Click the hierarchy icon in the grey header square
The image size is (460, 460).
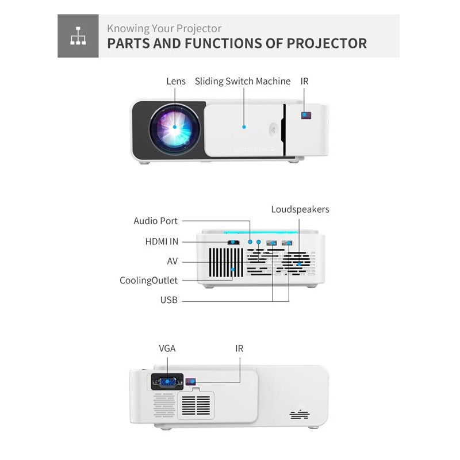tap(78, 36)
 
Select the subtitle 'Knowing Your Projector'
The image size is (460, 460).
tap(164, 29)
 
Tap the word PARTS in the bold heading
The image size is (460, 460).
tap(128, 44)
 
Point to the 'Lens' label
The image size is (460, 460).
tap(176, 81)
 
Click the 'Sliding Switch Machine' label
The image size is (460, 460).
tap(243, 81)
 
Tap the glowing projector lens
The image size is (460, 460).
tap(175, 129)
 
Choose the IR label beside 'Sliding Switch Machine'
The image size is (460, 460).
tap(305, 81)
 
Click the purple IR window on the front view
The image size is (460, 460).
tap(306, 116)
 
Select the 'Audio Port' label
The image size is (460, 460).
tap(155, 221)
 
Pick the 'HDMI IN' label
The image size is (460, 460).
tap(162, 241)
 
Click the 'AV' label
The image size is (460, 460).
tap(172, 261)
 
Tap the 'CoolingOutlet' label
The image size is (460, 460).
tap(149, 281)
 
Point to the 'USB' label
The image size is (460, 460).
tap(169, 300)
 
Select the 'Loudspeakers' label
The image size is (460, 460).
tap(300, 209)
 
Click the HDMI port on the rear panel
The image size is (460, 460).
tap(233, 242)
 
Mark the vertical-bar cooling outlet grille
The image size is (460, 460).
tap(226, 263)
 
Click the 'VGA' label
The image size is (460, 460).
tap(167, 348)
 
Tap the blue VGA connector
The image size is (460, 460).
tap(167, 382)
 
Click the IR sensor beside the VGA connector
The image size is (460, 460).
tap(191, 382)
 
